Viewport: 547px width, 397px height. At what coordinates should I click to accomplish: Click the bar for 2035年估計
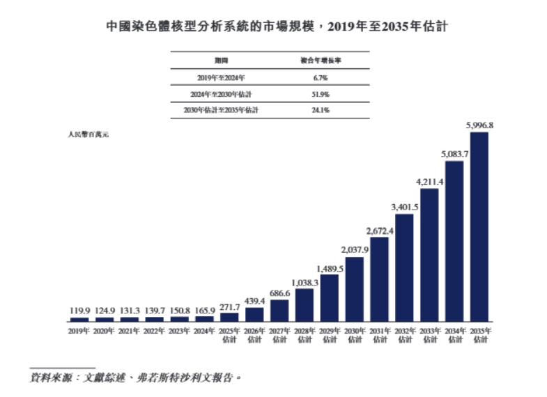pos(479,226)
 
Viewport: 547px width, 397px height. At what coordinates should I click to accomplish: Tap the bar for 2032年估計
pos(404,267)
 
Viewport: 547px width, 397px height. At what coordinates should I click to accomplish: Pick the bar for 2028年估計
pos(305,304)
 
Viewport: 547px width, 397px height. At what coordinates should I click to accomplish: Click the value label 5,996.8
pos(479,126)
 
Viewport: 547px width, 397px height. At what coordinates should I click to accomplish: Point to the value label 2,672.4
pos(380,231)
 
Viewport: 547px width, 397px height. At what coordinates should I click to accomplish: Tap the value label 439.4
pos(254,301)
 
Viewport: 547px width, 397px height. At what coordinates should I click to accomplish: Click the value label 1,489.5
pos(330,268)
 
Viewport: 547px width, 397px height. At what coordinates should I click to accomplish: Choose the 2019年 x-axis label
pos(79,332)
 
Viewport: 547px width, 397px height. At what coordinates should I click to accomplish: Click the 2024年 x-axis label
pos(204,332)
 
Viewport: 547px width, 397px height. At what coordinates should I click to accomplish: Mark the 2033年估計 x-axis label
pos(429,335)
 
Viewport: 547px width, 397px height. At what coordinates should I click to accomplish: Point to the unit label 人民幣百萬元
pos(88,132)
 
